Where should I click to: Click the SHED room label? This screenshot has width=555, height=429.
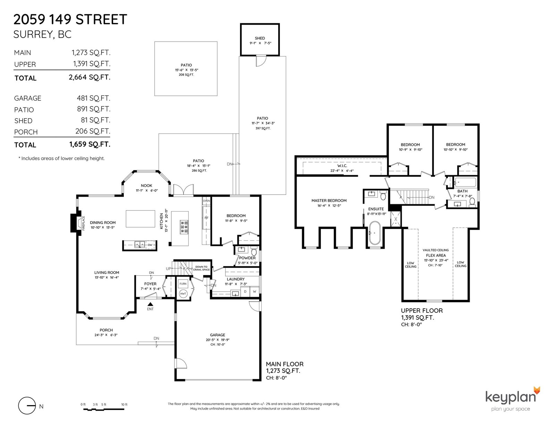260,38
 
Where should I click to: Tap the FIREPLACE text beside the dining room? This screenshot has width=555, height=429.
83,223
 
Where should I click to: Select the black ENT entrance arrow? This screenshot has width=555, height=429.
150,304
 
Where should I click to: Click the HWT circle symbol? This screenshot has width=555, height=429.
183,294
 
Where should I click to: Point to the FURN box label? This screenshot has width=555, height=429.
183,284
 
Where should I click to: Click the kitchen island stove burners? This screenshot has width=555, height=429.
184,227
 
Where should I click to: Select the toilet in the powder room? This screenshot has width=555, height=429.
254,251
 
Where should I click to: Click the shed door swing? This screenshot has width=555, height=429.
261,61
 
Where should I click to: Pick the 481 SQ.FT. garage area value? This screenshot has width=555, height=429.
93,98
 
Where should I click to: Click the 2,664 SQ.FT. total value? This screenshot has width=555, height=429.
89,77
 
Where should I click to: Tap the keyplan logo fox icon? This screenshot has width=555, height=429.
537,391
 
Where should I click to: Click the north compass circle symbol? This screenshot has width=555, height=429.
27,406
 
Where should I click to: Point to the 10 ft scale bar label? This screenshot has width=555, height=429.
124,404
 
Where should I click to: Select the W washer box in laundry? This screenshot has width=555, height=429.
255,292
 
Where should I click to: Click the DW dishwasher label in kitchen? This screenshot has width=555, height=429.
150,245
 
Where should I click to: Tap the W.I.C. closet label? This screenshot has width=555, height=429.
342,166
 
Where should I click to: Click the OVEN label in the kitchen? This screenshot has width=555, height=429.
206,201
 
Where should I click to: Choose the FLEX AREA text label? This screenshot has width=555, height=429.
436,255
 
